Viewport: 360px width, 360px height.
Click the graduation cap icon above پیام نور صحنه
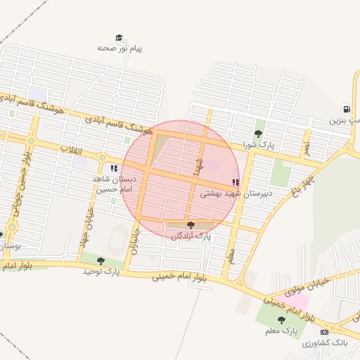[x=120, y=38]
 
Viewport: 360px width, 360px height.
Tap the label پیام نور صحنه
[x=120, y=49]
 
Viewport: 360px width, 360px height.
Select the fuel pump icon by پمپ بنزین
[x=346, y=109]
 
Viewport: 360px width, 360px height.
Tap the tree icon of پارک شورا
[x=258, y=134]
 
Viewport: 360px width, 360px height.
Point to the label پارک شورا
[x=257, y=145]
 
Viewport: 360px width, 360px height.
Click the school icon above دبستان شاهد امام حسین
[x=114, y=168]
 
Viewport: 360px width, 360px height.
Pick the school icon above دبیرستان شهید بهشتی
[x=236, y=182]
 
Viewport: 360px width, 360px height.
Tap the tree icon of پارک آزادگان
[x=191, y=225]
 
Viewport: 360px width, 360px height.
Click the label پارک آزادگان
[x=191, y=236]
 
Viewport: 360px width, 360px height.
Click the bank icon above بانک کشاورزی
[x=324, y=332]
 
